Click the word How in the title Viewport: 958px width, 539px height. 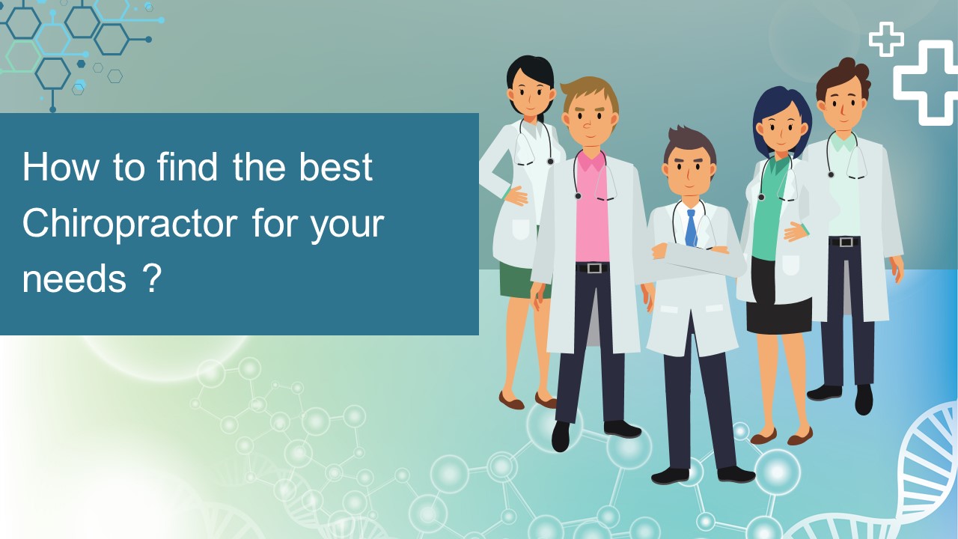[x=60, y=168]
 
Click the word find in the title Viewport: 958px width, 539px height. [x=188, y=168]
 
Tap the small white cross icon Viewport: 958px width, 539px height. [x=886, y=38]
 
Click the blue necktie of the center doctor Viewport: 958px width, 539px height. [x=691, y=228]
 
